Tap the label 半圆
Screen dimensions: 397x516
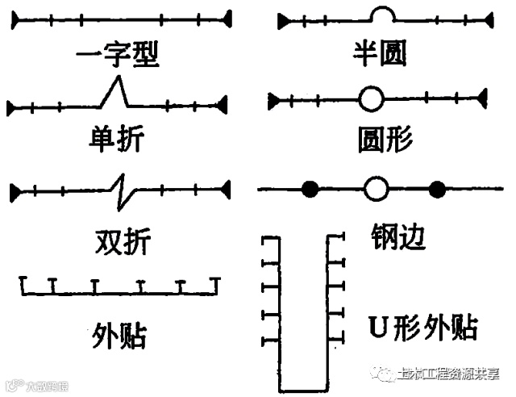[x=380, y=53]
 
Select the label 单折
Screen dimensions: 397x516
[x=116, y=140]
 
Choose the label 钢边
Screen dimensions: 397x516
[x=398, y=237]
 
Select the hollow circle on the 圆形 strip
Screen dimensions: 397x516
[x=371, y=100]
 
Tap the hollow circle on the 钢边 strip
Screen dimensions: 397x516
[x=376, y=190]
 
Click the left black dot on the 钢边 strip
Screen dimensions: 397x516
[x=310, y=190]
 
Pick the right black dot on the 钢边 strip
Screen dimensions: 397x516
[x=437, y=190]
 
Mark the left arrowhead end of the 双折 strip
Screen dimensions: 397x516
[x=15, y=191]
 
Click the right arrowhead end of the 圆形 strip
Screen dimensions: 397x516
[x=482, y=99]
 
